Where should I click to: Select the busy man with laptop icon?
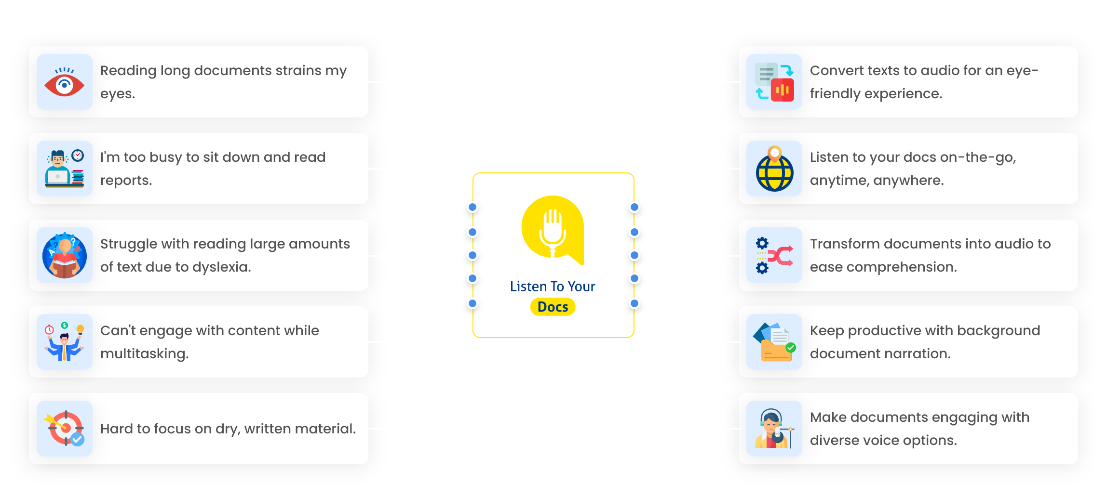[x=64, y=169]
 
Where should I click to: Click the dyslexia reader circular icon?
[x=64, y=255]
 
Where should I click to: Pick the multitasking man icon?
[x=64, y=342]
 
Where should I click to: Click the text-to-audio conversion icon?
[x=774, y=82]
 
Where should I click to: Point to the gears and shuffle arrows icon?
[x=774, y=255]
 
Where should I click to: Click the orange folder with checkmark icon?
[x=774, y=342]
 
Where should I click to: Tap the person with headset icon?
[x=774, y=429]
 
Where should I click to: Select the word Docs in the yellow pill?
[x=553, y=307]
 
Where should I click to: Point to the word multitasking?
[x=144, y=354]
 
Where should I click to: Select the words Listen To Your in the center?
[x=553, y=287]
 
